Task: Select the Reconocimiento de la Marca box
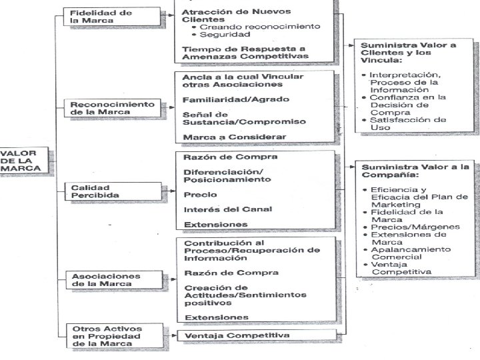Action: point(113,108)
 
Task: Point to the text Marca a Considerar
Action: point(225,137)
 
